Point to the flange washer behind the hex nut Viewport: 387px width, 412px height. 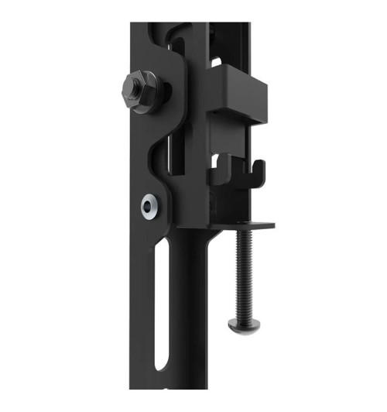coord(152,96)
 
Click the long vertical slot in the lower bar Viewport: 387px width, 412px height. coord(160,302)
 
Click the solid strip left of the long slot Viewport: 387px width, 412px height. coord(143,310)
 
